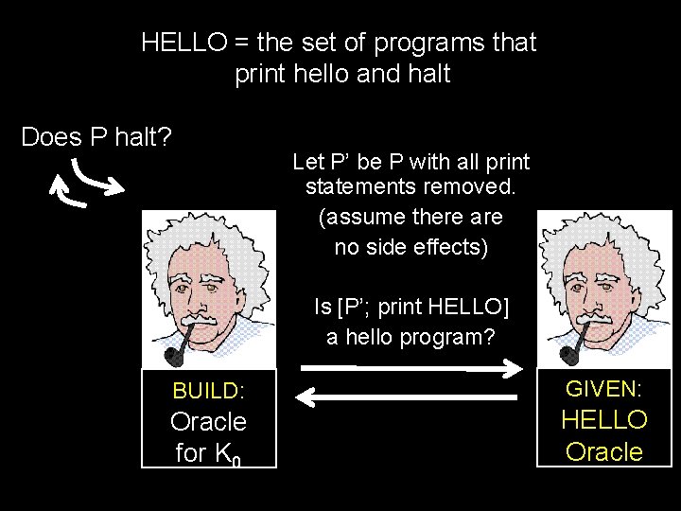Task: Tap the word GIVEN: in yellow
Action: [x=604, y=388]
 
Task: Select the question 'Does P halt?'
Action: [x=96, y=138]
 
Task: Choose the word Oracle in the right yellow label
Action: [x=604, y=451]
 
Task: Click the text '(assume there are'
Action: [x=410, y=217]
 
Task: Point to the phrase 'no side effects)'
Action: [x=410, y=248]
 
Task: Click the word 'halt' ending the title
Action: [x=429, y=75]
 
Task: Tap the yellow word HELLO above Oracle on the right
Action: [x=604, y=419]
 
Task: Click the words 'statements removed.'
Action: [x=410, y=186]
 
